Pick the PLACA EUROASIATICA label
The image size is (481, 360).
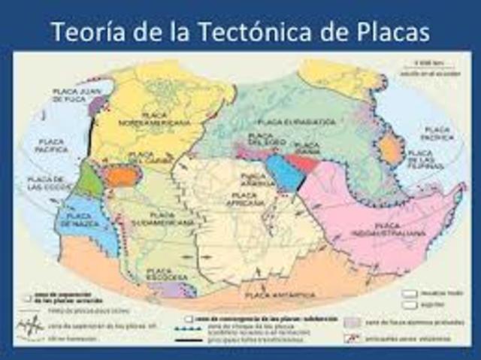(x=289, y=120)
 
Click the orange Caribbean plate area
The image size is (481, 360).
(x=120, y=177)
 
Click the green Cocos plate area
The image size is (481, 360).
(x=89, y=180)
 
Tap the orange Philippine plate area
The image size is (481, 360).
(x=391, y=148)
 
